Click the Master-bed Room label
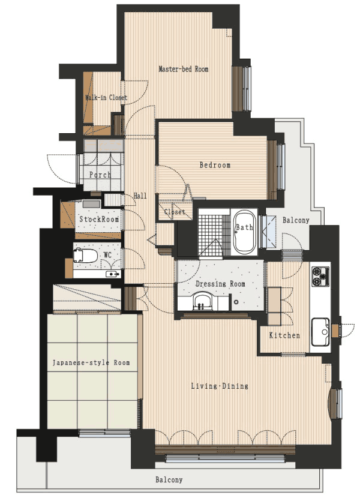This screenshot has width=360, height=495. point(183,69)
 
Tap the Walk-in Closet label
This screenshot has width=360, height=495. point(106,98)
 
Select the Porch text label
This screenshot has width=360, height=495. point(100,175)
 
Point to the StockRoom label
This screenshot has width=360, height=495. point(99,219)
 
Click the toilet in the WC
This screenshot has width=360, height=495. point(85,256)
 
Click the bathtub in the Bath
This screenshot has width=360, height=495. point(244,232)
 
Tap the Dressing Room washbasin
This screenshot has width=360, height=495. point(200,301)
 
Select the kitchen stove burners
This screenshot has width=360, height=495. point(320,276)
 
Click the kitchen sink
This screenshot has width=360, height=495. point(320,332)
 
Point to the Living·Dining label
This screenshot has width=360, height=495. point(220,386)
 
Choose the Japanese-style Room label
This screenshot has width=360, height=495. point(91,362)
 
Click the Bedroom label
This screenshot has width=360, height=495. point(215,165)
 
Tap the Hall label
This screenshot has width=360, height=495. point(140,196)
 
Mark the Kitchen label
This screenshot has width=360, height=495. point(284,335)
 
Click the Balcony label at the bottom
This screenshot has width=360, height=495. point(169,480)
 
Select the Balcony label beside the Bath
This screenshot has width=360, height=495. point(296,220)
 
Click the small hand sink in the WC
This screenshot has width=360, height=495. point(113,274)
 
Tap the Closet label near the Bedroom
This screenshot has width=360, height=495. point(175,212)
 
